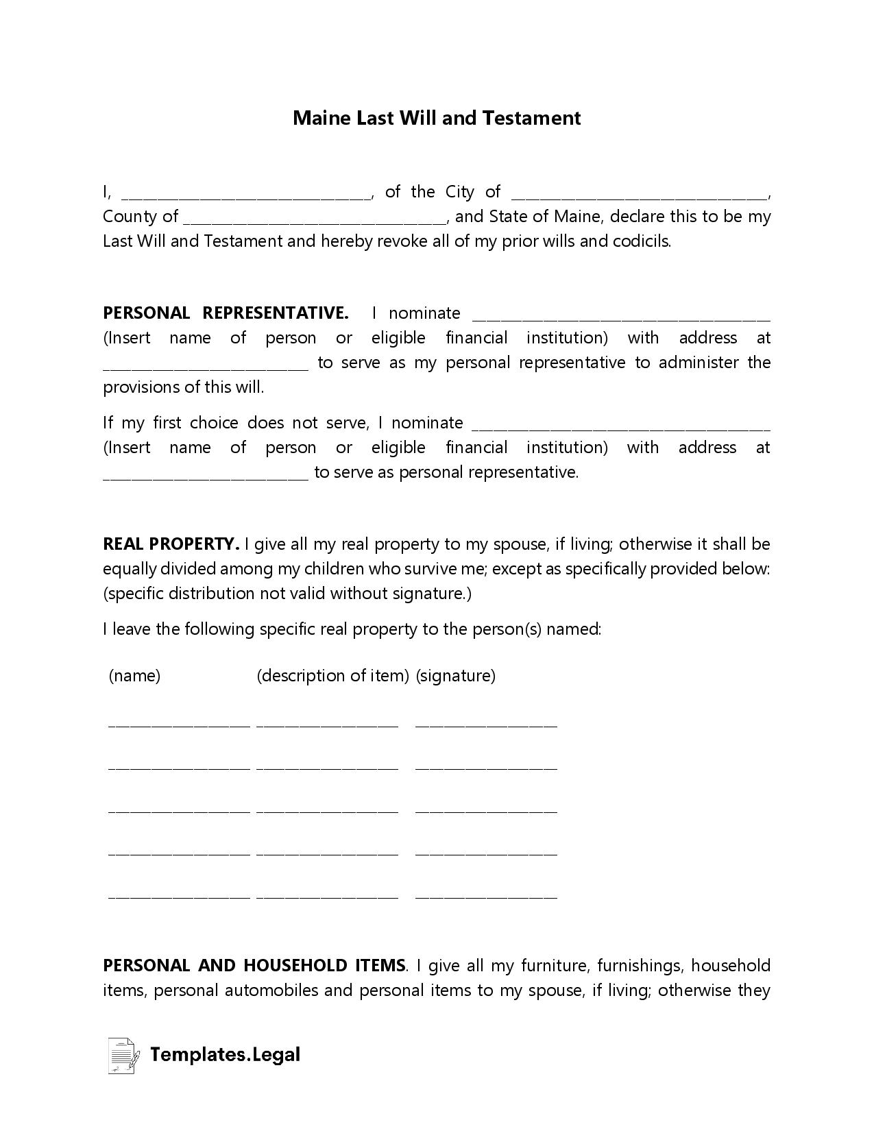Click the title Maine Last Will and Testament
coord(437,118)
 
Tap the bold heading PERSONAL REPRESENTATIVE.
coord(226,313)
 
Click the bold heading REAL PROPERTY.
coord(171,544)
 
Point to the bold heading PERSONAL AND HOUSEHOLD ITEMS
coord(254,966)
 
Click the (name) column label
coord(134,676)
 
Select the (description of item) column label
coord(332,676)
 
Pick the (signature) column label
coord(455,676)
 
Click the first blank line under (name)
coord(179,723)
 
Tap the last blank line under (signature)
coord(486,895)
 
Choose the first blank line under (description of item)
coord(327,723)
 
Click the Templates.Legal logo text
coord(225,1054)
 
